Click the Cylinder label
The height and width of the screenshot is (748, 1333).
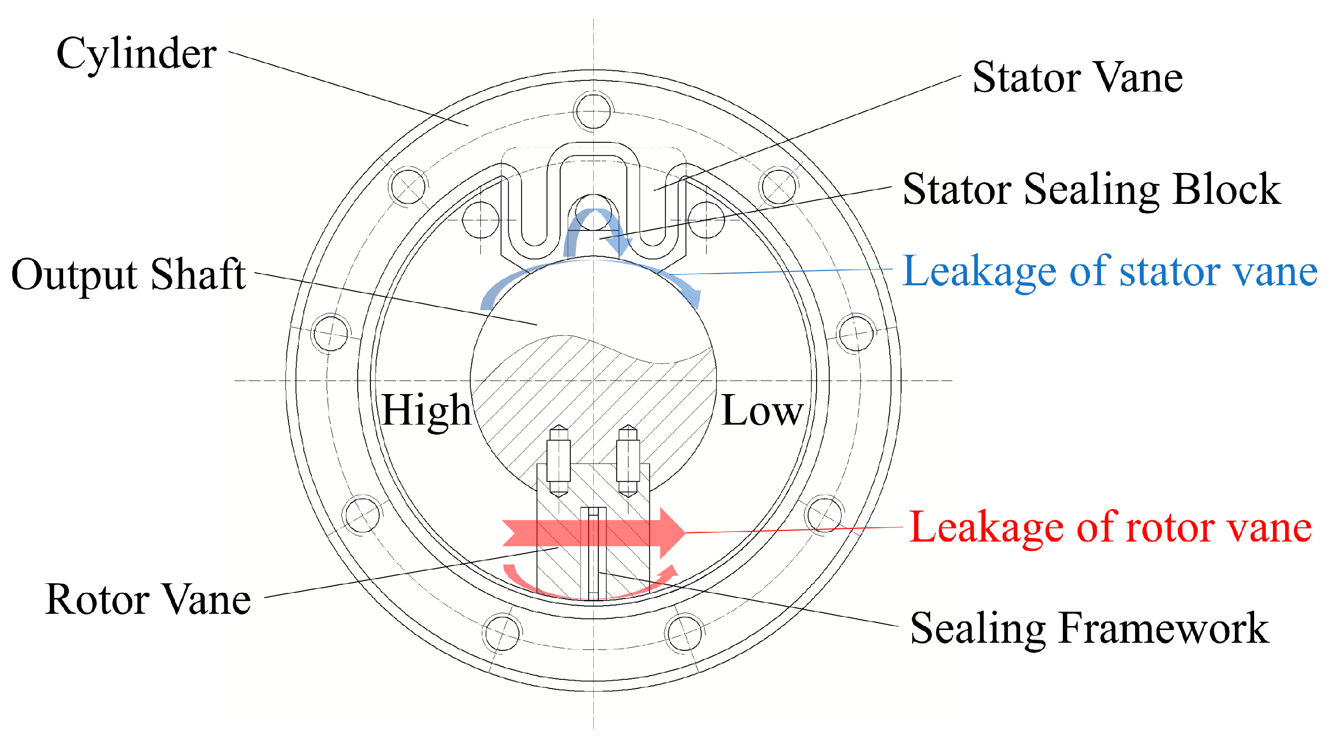click(136, 54)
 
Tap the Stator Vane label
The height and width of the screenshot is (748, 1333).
click(1078, 78)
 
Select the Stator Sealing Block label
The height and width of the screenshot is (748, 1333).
click(1091, 189)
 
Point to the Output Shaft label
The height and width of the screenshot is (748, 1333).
click(128, 275)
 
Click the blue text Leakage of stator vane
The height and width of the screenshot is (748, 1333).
click(1110, 272)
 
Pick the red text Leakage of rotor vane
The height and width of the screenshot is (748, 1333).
click(1111, 528)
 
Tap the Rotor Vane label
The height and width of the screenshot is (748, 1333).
click(148, 600)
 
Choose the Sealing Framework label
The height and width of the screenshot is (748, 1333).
click(1089, 629)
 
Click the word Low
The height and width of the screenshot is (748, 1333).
click(762, 411)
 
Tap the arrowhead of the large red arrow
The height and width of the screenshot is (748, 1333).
click(673, 533)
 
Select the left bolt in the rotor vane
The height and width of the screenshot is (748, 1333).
click(558, 460)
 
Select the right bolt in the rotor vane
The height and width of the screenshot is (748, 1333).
click(628, 460)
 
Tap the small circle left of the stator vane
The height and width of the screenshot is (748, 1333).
click(480, 220)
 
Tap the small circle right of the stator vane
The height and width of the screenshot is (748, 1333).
click(706, 220)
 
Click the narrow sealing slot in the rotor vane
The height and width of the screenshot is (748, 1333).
click(593, 553)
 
